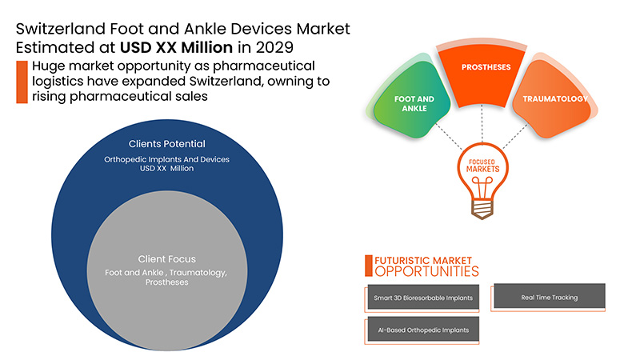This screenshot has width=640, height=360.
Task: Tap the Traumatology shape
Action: click(555, 100)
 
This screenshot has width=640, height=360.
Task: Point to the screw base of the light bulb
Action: click(481, 208)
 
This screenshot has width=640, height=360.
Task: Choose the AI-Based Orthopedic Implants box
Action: click(423, 330)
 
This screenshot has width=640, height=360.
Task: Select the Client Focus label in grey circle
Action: click(166, 259)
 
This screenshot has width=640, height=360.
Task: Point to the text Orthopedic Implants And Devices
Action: click(166, 159)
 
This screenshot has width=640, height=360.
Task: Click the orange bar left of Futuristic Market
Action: click(368, 266)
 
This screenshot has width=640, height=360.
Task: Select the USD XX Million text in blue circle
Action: click(166, 169)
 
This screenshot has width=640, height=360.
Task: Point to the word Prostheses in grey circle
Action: click(166, 283)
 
